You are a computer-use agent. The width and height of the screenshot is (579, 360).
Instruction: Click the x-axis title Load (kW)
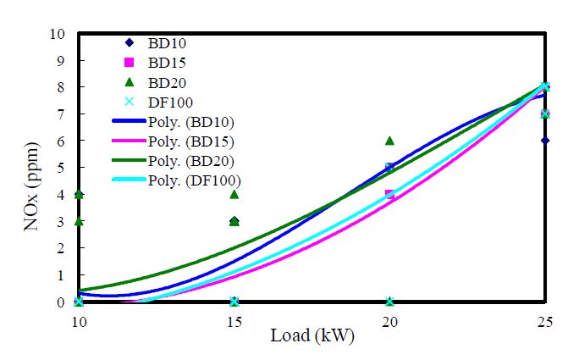tap(312, 335)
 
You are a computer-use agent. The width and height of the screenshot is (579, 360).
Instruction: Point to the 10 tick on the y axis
tap(57, 34)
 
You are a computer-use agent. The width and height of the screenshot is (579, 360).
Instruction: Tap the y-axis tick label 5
tap(60, 168)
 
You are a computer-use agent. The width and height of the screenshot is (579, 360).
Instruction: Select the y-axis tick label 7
tap(60, 114)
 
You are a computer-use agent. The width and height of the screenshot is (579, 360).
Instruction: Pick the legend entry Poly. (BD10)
tap(173, 122)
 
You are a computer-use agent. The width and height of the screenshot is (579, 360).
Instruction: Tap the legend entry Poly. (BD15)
tap(173, 141)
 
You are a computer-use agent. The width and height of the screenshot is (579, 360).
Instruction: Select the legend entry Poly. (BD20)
tap(173, 161)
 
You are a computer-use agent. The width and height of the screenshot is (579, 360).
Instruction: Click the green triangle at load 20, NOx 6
tap(389, 141)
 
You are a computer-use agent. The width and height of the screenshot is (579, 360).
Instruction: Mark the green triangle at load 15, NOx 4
tap(234, 194)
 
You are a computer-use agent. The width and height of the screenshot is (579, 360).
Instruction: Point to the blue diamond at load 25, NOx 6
tap(545, 141)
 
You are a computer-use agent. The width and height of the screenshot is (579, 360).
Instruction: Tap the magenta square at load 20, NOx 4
tap(389, 195)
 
